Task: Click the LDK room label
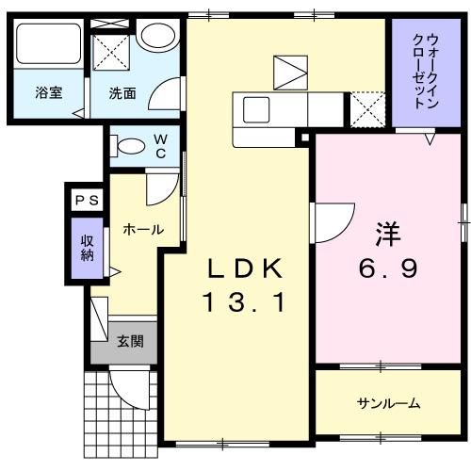coord(244,269)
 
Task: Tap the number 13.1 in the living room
coord(244,303)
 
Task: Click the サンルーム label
coord(388,404)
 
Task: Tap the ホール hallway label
coord(143,229)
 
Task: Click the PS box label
coord(86,200)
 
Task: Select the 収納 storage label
coord(86,247)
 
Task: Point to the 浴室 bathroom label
coord(48,93)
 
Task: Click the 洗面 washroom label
coord(122,93)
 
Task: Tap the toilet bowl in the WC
coord(130,145)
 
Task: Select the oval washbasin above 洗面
coord(156,35)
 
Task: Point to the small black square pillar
coord(303,140)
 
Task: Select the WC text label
coord(160,145)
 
